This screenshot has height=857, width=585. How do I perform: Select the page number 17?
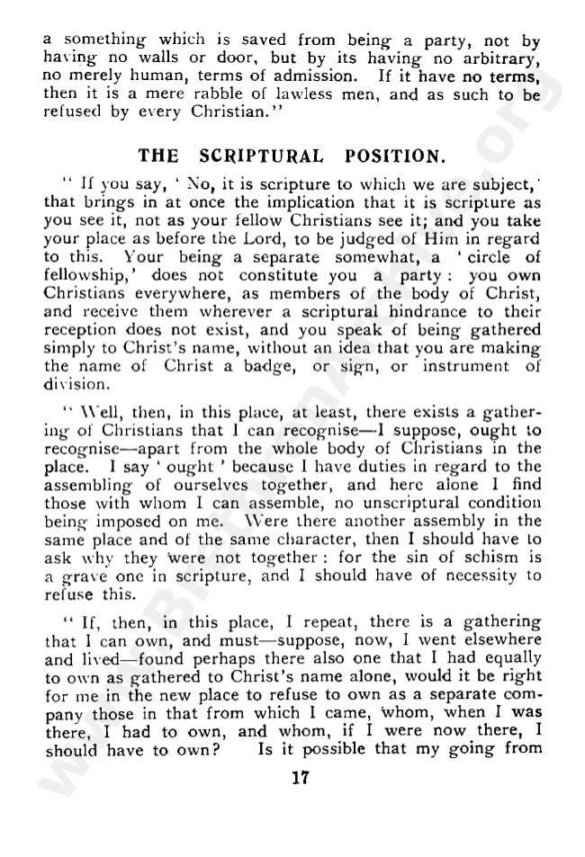300,779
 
